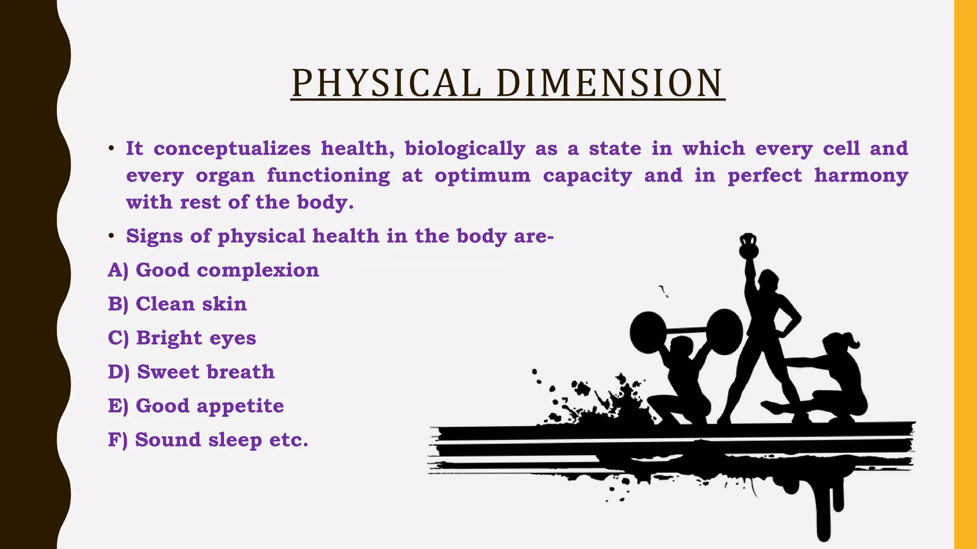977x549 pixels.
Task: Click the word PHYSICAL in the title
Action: pos(386,83)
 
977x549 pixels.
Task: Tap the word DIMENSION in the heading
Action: pos(609,83)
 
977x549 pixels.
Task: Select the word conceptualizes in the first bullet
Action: pos(232,149)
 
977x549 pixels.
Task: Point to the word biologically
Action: pos(465,149)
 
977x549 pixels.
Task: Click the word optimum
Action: pos(482,175)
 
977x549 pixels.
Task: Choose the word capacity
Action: pos(587,175)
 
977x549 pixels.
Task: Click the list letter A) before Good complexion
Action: pos(118,270)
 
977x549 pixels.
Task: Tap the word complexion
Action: pos(258,270)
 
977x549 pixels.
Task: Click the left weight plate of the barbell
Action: pos(647,332)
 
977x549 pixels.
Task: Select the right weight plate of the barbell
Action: pos(724,332)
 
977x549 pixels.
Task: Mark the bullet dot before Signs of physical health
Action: pos(111,236)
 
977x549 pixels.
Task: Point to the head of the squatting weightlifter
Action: pos(681,346)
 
